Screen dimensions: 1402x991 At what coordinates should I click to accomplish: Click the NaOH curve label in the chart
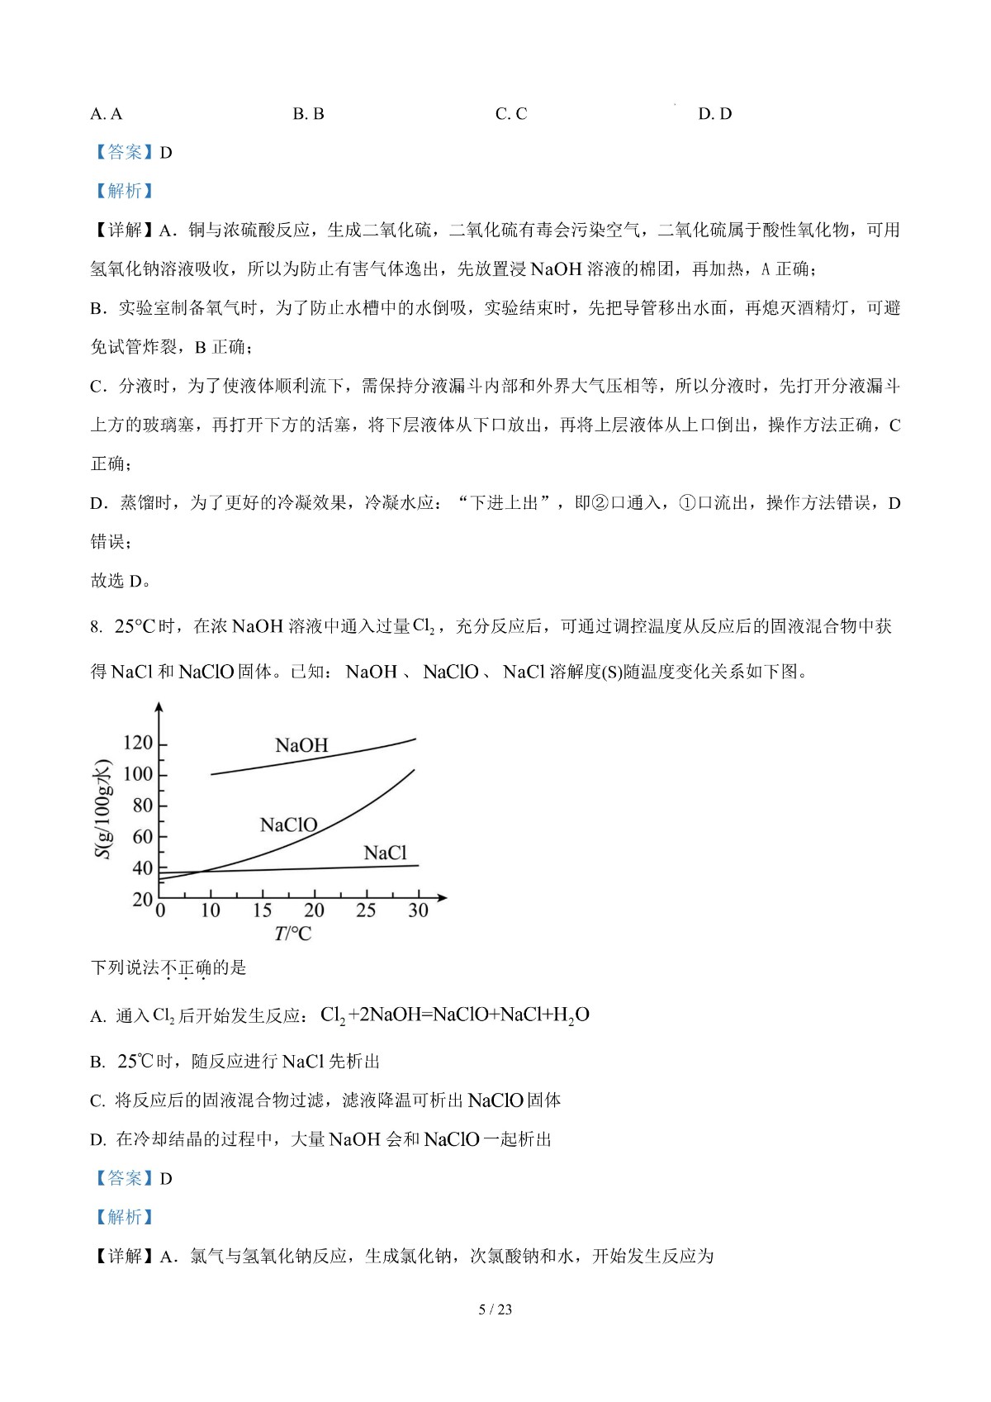[x=301, y=745]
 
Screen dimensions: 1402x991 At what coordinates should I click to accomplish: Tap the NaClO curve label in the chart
[x=288, y=825]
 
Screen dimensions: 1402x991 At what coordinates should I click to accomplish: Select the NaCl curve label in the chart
[x=386, y=853]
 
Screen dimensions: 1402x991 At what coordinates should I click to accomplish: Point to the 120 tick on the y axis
[x=138, y=743]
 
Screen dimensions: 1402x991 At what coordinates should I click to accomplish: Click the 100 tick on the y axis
[x=138, y=774]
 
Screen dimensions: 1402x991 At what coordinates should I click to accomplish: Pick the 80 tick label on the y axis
[x=143, y=806]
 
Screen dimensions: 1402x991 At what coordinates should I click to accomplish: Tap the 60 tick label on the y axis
[x=143, y=837]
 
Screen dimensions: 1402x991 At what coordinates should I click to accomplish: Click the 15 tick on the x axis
[x=262, y=910]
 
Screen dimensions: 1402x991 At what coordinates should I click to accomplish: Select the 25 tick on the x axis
[x=366, y=910]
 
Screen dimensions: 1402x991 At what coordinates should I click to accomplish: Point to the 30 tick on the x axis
[x=418, y=910]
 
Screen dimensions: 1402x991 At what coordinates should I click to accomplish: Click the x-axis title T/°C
[x=293, y=934]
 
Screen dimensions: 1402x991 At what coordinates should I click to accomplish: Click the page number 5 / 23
[x=495, y=1309]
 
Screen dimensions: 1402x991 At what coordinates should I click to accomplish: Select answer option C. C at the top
[x=511, y=114]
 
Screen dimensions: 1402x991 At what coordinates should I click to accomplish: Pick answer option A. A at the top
[x=106, y=114]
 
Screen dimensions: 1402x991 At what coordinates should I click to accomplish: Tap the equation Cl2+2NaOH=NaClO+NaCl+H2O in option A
[x=454, y=1015]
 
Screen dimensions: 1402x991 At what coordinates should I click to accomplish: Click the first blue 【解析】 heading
[x=124, y=191]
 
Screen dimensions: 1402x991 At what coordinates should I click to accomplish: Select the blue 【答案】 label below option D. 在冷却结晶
[x=124, y=1178]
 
